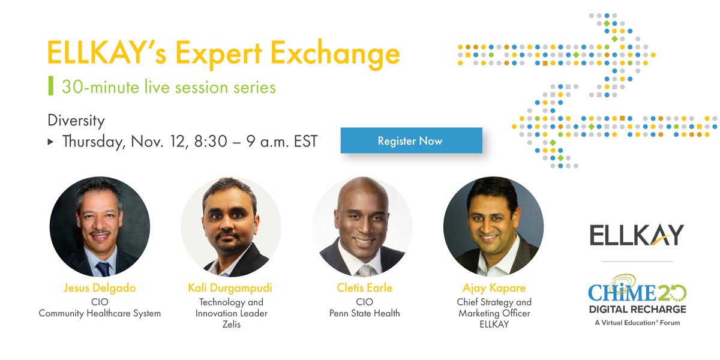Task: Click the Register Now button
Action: coord(411,141)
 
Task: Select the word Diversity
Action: coord(76,120)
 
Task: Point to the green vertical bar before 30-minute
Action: coord(50,86)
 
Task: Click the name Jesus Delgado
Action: coord(100,288)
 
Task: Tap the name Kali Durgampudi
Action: coord(230,288)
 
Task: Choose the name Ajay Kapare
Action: coord(493,288)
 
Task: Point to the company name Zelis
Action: coord(230,325)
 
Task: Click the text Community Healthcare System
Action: coord(100,313)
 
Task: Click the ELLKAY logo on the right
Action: coord(637,235)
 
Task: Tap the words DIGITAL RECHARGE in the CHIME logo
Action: coord(637,309)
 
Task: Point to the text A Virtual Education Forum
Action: coord(637,322)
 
